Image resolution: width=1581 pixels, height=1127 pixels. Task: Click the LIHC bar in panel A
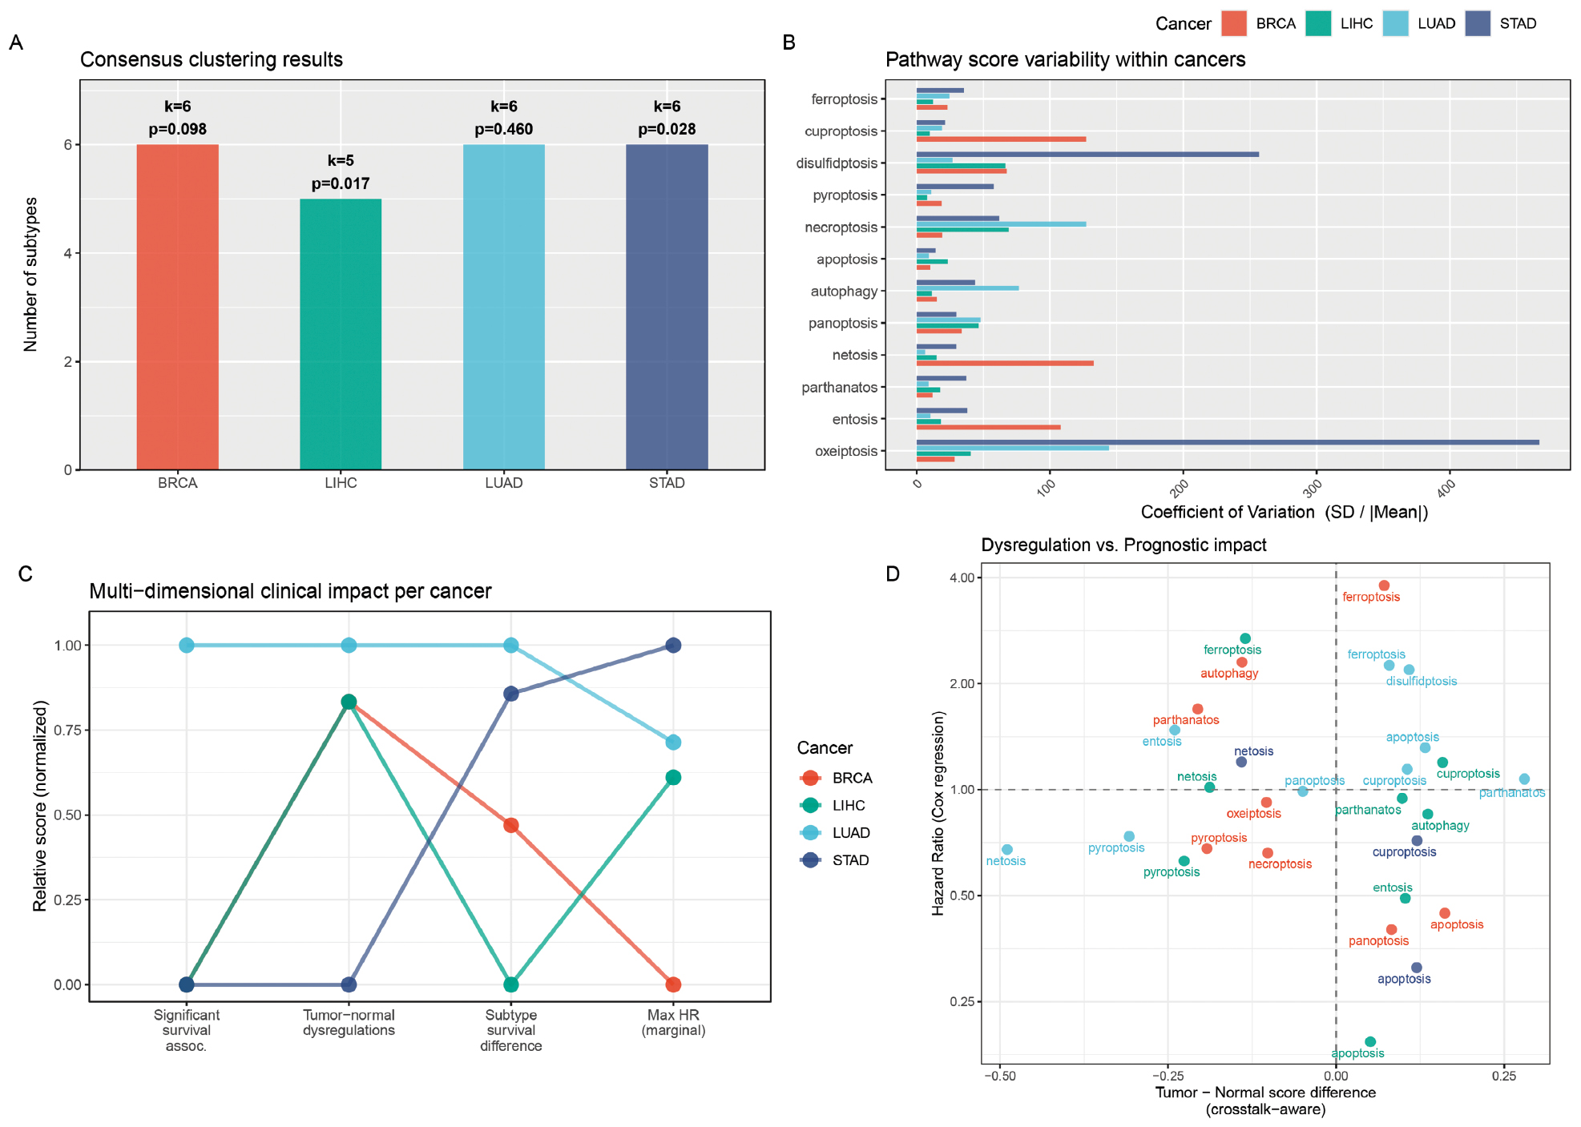click(341, 334)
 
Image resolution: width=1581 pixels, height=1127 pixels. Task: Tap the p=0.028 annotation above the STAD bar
click(667, 129)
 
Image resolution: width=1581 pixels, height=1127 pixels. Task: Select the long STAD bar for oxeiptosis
click(1228, 442)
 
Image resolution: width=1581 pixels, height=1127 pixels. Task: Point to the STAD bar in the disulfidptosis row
click(1087, 154)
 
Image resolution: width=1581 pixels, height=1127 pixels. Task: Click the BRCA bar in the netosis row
click(1005, 364)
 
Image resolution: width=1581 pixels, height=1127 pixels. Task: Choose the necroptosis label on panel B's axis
click(841, 227)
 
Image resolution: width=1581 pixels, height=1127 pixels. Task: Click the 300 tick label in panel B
click(1312, 487)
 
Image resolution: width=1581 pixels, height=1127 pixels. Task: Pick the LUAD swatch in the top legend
click(1395, 23)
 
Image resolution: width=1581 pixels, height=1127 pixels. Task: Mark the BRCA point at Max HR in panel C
click(673, 984)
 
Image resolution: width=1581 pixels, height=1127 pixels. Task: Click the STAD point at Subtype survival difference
click(511, 694)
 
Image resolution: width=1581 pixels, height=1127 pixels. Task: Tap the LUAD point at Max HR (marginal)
click(673, 743)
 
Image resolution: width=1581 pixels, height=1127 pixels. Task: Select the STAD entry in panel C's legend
click(834, 860)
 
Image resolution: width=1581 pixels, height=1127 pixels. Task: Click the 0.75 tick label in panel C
click(67, 731)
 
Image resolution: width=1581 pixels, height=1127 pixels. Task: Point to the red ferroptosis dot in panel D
click(1384, 586)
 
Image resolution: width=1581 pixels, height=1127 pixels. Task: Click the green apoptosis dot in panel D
click(1370, 1042)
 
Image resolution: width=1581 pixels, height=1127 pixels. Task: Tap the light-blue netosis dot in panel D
click(1007, 849)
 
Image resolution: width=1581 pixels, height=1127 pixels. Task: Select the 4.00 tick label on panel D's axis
click(962, 578)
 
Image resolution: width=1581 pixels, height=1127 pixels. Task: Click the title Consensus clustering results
click(212, 60)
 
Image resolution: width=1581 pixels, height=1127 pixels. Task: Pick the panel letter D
click(893, 574)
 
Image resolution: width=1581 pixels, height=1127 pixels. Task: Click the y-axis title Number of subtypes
click(30, 274)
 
